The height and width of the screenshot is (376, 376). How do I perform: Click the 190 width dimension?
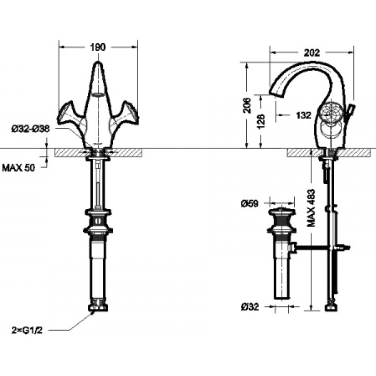[x=98, y=47]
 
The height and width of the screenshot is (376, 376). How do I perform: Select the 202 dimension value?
[x=312, y=53]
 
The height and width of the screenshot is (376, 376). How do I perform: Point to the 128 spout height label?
[x=262, y=121]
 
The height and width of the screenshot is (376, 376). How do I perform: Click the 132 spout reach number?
[x=304, y=115]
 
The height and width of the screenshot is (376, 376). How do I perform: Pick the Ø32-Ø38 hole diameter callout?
[x=31, y=129]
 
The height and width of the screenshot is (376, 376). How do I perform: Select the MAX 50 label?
[x=18, y=168]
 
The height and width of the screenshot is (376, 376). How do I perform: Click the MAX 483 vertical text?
[x=311, y=208]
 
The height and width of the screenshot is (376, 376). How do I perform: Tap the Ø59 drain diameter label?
[x=250, y=204]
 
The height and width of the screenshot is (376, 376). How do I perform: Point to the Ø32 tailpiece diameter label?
[x=250, y=307]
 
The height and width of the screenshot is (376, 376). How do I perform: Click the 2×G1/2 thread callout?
[x=27, y=331]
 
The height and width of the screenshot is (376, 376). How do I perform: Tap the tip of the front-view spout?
[x=98, y=63]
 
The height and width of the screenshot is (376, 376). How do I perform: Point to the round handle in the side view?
[x=330, y=112]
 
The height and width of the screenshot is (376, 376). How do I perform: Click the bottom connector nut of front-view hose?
[x=98, y=307]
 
